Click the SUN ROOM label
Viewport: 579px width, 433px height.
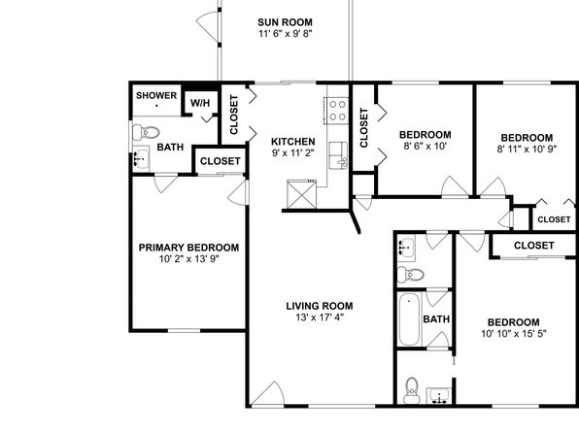coord(285,22)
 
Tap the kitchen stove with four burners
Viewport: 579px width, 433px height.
coord(336,111)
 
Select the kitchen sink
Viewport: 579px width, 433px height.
coord(339,155)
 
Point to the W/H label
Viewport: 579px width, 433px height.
coord(200,103)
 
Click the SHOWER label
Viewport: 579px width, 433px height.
coord(156,95)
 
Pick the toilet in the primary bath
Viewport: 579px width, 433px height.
coord(146,132)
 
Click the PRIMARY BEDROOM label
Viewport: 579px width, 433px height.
coord(188,248)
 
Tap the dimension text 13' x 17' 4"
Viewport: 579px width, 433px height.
coord(320,317)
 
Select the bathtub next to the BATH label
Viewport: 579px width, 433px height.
coord(409,319)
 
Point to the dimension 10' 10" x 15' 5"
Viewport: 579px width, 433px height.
coord(514,334)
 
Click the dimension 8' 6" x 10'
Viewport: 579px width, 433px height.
coord(426,146)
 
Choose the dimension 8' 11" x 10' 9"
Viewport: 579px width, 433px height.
coord(527,150)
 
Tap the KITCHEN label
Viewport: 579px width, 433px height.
coord(293,142)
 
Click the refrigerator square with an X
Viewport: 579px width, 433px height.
coord(302,194)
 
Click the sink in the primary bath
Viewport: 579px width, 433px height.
coord(141,158)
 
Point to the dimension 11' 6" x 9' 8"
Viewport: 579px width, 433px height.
coord(286,34)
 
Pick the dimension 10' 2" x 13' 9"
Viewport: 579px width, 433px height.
coord(189,259)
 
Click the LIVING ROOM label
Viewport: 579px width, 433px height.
coord(320,306)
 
